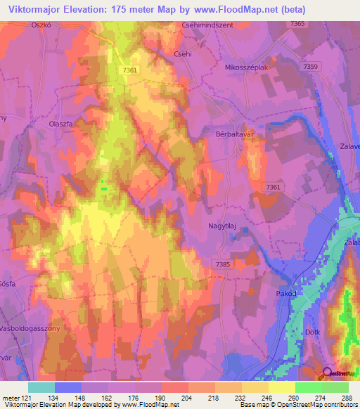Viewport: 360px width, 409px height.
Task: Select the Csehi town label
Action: [x=182, y=53]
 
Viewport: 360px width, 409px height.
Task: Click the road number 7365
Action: [x=298, y=24]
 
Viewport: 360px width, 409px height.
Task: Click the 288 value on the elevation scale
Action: [x=347, y=397]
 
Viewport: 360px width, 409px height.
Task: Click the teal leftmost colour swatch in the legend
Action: [x=41, y=387]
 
